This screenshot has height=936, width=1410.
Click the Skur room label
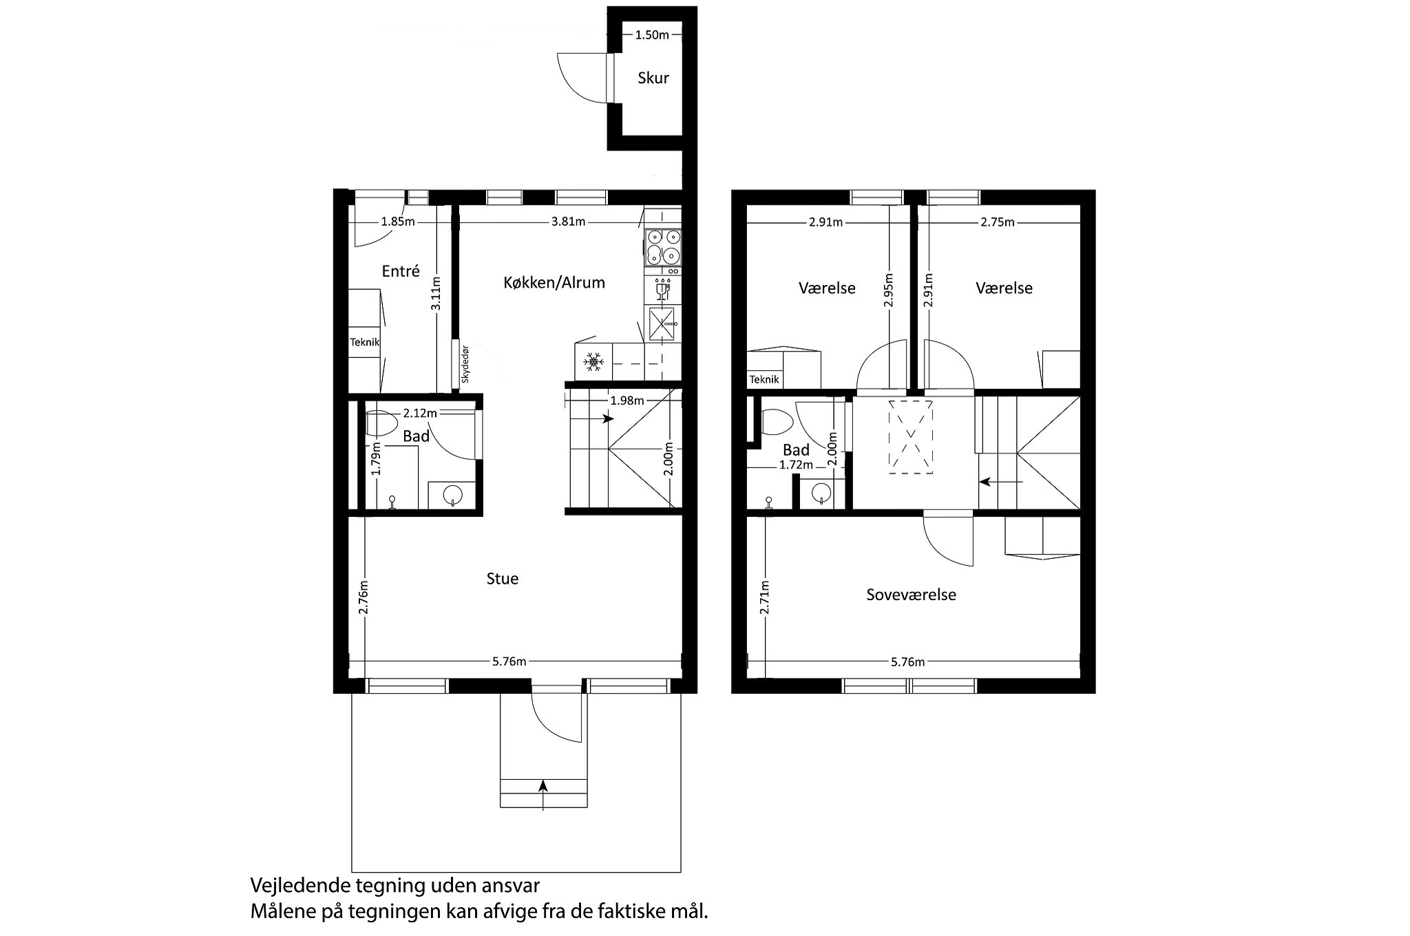[x=653, y=78]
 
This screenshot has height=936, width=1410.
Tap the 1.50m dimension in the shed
[x=651, y=35]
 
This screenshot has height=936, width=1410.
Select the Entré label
[x=401, y=271]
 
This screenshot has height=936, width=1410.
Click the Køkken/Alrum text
[x=554, y=282]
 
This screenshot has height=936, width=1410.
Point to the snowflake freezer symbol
[x=593, y=361]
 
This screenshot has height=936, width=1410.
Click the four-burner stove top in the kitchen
[x=663, y=248]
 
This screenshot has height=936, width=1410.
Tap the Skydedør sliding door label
[x=465, y=363]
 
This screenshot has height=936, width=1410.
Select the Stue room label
[x=503, y=579]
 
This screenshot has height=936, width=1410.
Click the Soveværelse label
[x=911, y=595]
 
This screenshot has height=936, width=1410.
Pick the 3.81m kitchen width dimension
[x=569, y=222]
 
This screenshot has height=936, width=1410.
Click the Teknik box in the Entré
[x=364, y=342]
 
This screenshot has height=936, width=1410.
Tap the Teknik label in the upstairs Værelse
[x=764, y=379]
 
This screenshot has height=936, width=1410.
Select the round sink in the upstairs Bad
[x=821, y=493]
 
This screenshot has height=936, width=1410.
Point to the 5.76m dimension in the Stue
[x=509, y=661]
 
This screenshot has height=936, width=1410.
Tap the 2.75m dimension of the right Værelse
[x=998, y=222]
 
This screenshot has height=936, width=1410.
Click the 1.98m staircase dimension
[x=627, y=401]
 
